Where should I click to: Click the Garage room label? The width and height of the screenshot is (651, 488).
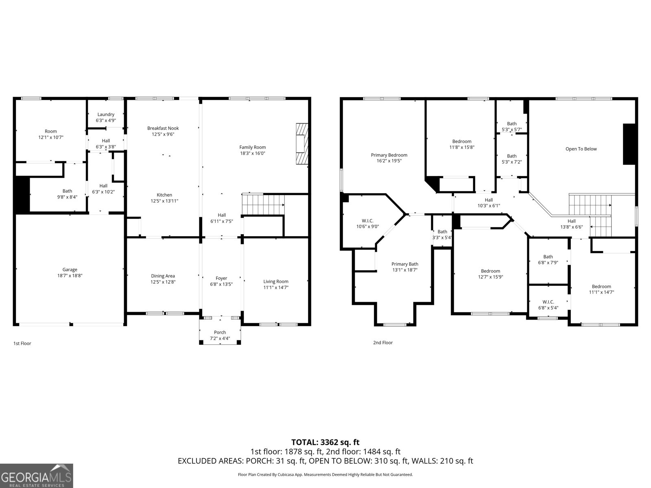point(70,270)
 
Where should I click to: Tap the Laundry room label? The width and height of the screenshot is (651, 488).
point(106,114)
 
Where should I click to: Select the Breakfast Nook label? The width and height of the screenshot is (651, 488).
point(163,128)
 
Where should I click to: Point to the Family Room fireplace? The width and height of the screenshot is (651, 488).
point(302,144)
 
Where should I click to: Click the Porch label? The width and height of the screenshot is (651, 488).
point(220,332)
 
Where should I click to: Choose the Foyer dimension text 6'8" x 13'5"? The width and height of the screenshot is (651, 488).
point(221,284)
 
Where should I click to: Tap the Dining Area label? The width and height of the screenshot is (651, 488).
point(163,276)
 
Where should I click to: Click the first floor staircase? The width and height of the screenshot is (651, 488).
point(263,205)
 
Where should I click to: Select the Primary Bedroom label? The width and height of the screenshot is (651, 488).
point(389,155)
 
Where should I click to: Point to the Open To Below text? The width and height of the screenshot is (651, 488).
point(581,149)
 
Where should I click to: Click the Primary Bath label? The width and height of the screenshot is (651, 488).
point(405,264)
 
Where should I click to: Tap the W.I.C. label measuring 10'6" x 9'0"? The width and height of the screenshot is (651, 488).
point(367,221)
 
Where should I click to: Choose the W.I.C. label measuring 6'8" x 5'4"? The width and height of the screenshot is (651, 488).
point(548,302)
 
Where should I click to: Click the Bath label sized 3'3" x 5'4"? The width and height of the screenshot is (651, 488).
point(442,232)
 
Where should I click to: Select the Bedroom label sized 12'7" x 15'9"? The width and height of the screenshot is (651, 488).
point(491,271)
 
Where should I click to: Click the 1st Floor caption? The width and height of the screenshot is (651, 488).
point(22,343)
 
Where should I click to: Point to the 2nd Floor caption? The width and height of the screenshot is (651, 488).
point(383,342)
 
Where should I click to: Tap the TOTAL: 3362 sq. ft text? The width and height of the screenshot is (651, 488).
point(325,442)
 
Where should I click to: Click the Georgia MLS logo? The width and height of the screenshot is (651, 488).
point(37,476)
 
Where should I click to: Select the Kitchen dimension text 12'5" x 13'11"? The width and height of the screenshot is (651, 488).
point(164,201)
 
